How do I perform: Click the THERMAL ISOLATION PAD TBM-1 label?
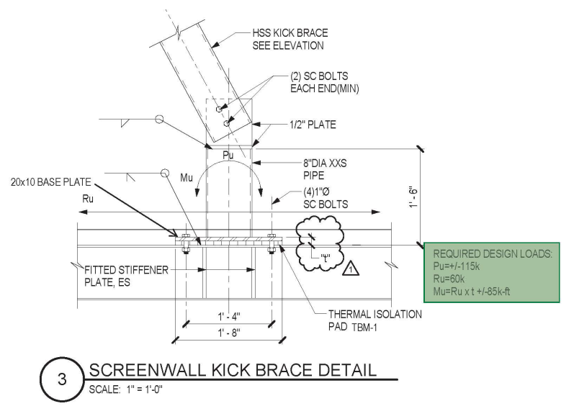pyautogui.click(x=374, y=320)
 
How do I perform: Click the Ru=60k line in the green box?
pyautogui.click(x=452, y=279)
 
